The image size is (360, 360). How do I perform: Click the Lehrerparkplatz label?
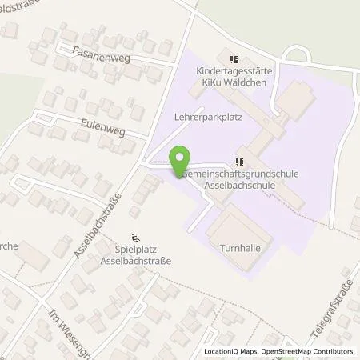(207, 115)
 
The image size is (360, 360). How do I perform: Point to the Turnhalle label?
(239, 249)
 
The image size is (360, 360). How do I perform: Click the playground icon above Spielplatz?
(136, 237)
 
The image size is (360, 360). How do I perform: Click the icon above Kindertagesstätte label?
(234, 58)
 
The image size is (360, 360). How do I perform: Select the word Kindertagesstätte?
(234, 70)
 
